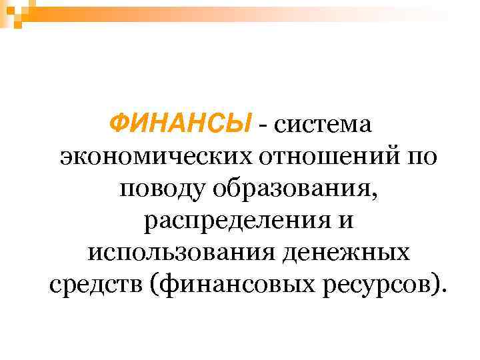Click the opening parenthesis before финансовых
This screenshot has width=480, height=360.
point(155,287)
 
